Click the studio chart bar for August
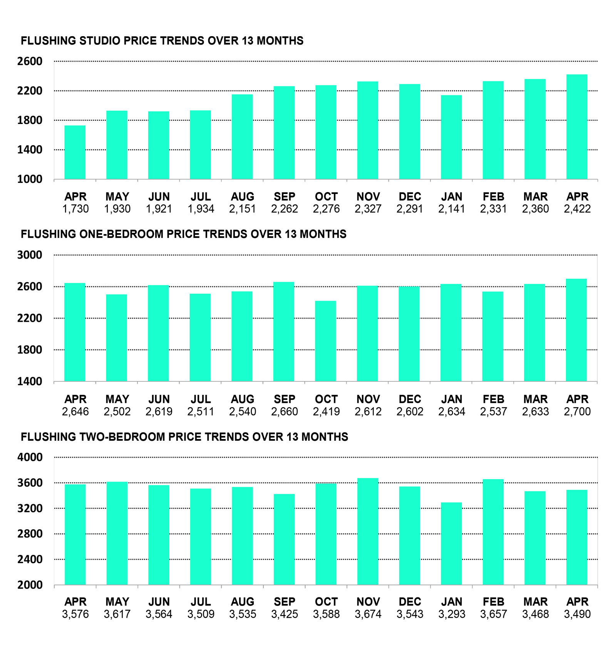point(242,137)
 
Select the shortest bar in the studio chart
point(75,152)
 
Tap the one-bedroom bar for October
point(326,341)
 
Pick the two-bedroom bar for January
point(451,543)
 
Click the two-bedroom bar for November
point(368,532)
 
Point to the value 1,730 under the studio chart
point(75,209)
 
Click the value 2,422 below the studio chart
point(577,209)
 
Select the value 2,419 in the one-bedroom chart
point(326,412)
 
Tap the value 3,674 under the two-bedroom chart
point(368,614)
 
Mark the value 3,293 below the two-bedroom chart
point(452,614)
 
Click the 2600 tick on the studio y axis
point(30,61)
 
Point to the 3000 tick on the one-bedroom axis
point(30,255)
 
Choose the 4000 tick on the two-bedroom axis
point(30,457)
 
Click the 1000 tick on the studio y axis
point(30,179)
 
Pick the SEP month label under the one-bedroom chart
point(285,399)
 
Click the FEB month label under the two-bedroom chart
point(494,602)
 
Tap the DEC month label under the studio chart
point(410,197)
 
